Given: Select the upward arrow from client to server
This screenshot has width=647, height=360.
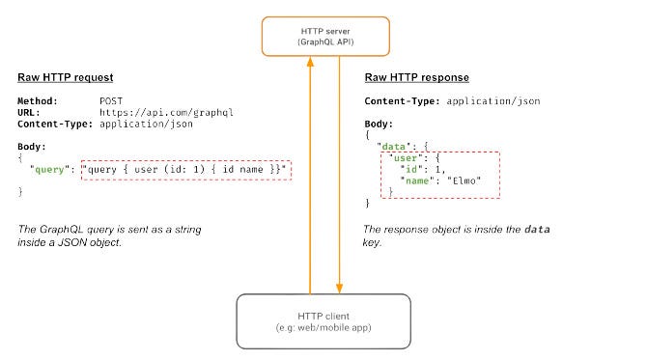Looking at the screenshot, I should (309, 174).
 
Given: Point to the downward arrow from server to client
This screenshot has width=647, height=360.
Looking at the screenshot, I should (340, 174).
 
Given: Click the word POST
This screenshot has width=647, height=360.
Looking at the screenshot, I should (112, 100).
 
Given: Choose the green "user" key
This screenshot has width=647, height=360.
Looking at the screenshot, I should (402, 156).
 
